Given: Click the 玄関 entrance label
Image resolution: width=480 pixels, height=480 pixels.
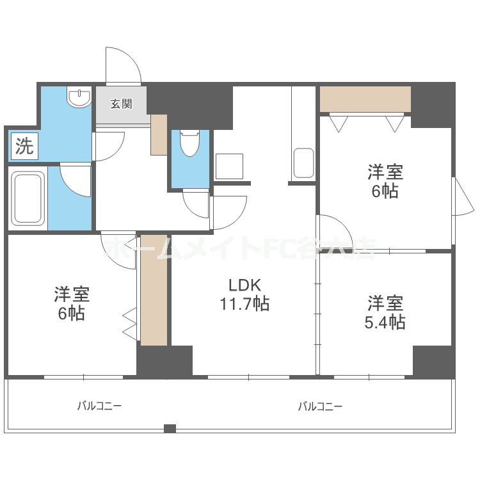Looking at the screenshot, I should coord(121,104).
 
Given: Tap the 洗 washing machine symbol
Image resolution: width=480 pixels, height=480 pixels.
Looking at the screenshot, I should coord(24,147).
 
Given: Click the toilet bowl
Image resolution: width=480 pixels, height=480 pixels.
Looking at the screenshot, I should coord(190,145).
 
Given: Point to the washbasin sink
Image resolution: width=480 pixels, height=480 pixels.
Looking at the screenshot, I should coord(79,98).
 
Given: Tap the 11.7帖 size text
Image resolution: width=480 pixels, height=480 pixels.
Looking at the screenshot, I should coord(244,304).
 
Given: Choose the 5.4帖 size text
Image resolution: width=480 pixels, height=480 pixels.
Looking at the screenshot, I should coord(385,322).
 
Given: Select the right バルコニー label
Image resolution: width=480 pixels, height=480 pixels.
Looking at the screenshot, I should coord(320,406).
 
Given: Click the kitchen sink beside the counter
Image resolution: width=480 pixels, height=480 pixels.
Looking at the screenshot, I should coord(303,164).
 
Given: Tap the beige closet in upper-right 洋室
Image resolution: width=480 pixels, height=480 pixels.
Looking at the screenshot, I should coord(365,99).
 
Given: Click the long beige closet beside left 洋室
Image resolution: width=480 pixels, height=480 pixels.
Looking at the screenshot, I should coord(154,290).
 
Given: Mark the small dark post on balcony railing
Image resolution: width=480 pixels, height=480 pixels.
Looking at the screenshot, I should coord(170,428).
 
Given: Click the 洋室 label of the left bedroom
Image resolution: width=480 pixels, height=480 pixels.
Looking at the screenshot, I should coord(71,294).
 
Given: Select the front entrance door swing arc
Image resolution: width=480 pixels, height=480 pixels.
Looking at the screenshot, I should coord(123,64).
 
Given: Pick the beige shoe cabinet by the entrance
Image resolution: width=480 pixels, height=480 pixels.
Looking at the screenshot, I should coord(159,134).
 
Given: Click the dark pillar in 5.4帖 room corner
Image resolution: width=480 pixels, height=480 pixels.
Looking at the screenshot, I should coord(433,362).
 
